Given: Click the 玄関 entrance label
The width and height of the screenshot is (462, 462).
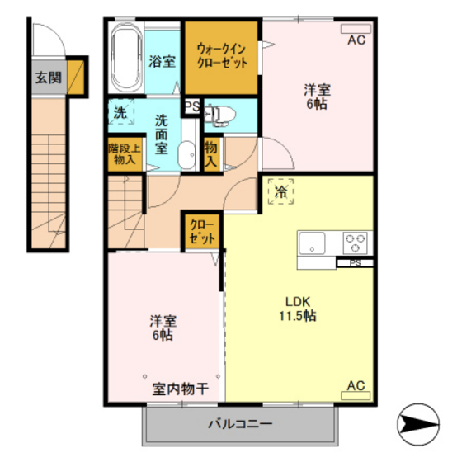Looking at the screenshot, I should tap(48, 78).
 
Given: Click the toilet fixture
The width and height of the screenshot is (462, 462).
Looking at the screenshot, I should tap(217, 115).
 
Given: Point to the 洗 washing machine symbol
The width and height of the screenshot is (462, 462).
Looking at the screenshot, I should tap(120, 114).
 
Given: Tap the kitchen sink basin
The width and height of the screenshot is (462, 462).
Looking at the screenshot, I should tap(313, 243).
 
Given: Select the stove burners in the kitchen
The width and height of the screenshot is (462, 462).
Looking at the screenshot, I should tap(356, 243).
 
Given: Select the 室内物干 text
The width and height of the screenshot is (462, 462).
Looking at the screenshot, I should tap(179, 388).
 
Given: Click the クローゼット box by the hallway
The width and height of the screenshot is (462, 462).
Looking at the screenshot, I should tap(202, 229).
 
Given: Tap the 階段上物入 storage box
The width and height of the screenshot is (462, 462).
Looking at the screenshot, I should tap(124, 156).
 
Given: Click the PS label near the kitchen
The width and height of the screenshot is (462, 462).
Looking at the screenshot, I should tap(355, 263).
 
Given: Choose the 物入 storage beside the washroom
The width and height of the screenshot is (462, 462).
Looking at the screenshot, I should tap(210, 153).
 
